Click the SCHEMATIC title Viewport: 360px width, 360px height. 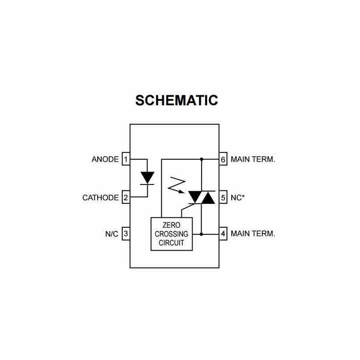(x=177, y=100)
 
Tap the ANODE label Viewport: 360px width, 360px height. (x=105, y=159)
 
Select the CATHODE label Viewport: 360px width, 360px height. (x=100, y=198)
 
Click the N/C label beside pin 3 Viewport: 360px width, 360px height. (x=112, y=234)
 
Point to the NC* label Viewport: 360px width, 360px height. (x=238, y=197)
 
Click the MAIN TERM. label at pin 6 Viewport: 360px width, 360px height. (x=252, y=159)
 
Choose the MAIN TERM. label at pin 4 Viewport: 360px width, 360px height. (x=252, y=234)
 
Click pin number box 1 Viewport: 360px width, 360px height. (x=126, y=159)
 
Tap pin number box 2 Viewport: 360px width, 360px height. (x=126, y=198)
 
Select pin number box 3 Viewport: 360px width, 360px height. (x=126, y=234)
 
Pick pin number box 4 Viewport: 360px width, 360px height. (x=223, y=234)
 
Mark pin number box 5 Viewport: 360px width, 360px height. (x=223, y=197)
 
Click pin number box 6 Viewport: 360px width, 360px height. (x=223, y=159)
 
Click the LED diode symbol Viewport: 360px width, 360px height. (x=147, y=178)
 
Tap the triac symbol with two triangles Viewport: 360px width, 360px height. (x=201, y=197)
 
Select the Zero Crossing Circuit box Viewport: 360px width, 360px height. (x=171, y=234)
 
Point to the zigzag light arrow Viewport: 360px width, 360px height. (x=175, y=184)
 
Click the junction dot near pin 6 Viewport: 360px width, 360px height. (x=201, y=159)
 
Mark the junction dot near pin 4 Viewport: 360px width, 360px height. (x=201, y=234)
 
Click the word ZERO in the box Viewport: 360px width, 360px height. (x=171, y=225)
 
